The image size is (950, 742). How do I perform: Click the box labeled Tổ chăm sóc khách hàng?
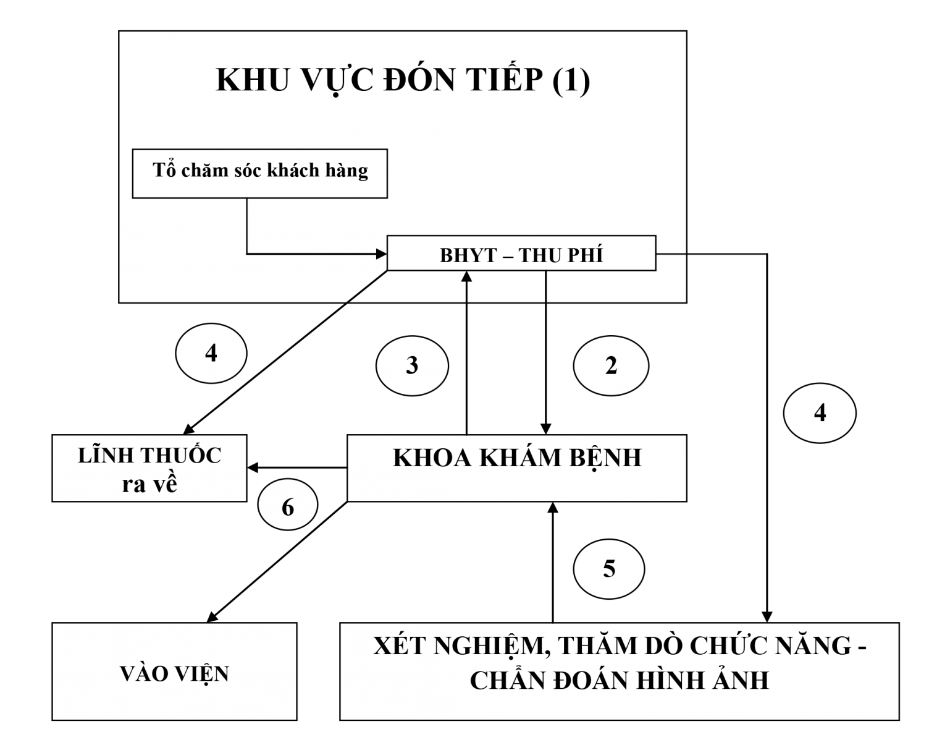(259, 173)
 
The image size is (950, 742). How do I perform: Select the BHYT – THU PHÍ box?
(521, 254)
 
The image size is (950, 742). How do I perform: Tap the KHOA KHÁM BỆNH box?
(516, 467)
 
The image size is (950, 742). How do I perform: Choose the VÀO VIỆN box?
(174, 672)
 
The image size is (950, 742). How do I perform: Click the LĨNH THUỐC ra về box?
(149, 468)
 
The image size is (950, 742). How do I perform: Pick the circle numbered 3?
(412, 366)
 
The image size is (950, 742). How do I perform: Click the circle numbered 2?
(611, 366)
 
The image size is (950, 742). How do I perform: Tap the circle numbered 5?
(609, 569)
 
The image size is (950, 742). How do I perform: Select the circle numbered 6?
(288, 507)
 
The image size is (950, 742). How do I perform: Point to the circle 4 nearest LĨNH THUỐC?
(211, 354)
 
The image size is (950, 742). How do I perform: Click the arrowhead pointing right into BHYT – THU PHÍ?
(381, 254)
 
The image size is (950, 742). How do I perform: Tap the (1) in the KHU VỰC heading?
(570, 80)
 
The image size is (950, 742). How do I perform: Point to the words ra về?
(149, 484)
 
